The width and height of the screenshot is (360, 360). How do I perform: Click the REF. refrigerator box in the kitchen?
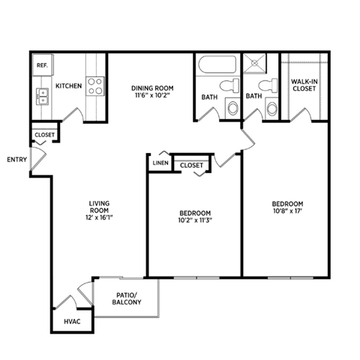click(x=41, y=65)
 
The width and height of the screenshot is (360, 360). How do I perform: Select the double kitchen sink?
click(x=42, y=95)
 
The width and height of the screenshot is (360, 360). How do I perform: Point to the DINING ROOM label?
click(x=152, y=86)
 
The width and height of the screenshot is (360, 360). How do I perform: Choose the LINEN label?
click(x=159, y=163)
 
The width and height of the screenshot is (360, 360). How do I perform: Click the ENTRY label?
click(x=16, y=159)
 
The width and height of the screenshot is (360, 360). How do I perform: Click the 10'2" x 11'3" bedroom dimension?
click(x=194, y=220)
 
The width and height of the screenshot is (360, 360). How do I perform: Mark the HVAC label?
click(x=72, y=321)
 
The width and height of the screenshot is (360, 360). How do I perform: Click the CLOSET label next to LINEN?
click(x=192, y=164)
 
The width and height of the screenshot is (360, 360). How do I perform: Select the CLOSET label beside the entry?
click(x=44, y=136)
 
